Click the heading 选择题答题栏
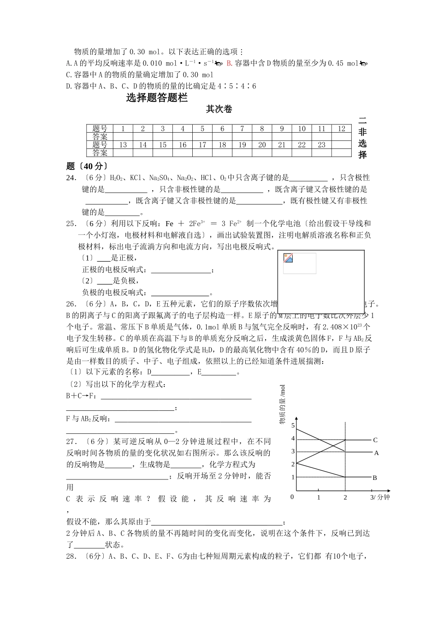(157, 98)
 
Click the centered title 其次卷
(219, 109)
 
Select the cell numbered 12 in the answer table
(341, 129)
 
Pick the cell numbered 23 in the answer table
(321, 145)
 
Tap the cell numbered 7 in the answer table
(242, 129)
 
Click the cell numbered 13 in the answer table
(123, 145)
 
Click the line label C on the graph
(375, 440)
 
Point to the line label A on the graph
(376, 453)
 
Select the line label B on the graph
(375, 478)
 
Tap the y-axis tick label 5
(293, 426)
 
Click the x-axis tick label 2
(345, 497)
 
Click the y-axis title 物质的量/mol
(282, 404)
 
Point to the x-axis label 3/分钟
(380, 497)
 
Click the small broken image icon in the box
(288, 258)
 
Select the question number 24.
(71, 178)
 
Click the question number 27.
(71, 442)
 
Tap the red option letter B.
(229, 64)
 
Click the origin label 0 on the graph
(292, 497)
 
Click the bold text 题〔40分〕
(87, 166)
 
